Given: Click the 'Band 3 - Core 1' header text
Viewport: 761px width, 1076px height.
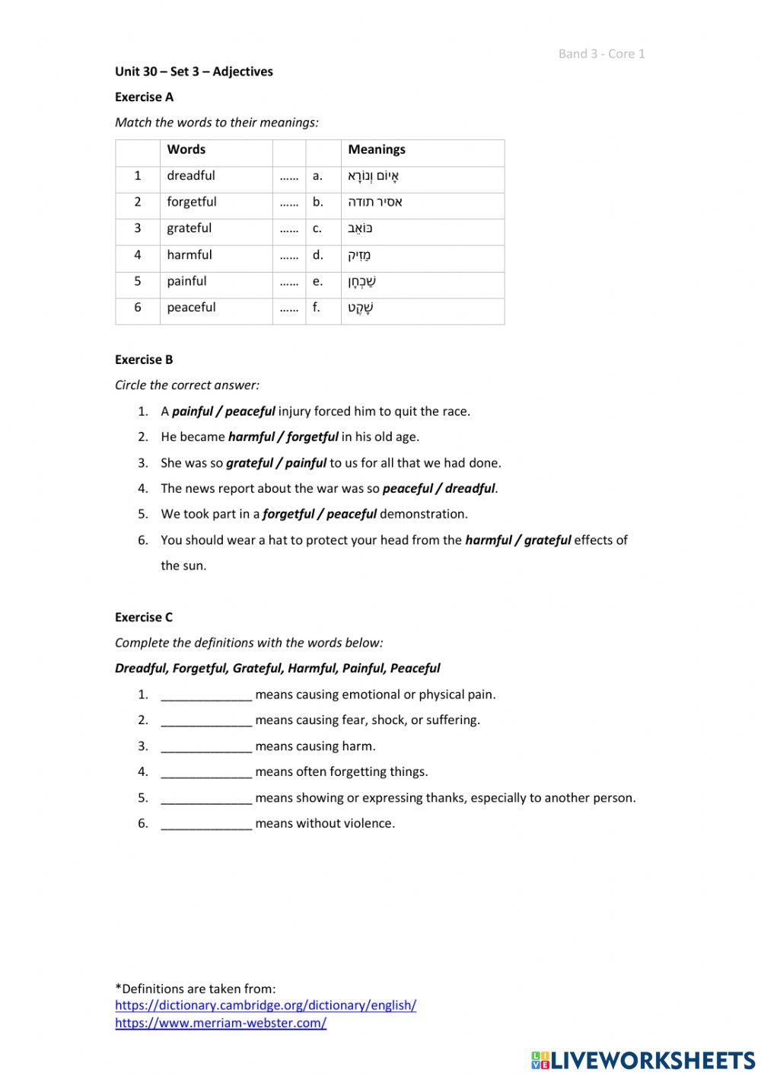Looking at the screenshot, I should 601,53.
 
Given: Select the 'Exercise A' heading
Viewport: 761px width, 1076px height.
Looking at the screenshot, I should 144,97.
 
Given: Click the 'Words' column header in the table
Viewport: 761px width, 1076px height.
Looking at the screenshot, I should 186,149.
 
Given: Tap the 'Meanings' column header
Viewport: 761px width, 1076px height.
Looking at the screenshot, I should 376,149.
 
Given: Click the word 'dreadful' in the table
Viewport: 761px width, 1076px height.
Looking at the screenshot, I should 191,176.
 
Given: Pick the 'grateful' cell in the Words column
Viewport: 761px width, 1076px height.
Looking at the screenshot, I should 189,228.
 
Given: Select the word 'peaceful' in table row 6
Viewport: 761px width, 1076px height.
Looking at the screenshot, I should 191,308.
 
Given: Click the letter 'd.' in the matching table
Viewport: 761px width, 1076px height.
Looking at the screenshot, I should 317,255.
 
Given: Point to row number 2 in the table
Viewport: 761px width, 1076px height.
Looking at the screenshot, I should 138,202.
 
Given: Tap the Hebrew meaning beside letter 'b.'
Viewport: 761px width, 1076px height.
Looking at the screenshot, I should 375,203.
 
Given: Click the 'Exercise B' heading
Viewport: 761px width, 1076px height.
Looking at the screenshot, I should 144,359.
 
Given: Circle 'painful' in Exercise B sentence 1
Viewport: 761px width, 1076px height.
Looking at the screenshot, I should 193,411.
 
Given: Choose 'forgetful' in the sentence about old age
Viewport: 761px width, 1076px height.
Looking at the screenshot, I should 312,437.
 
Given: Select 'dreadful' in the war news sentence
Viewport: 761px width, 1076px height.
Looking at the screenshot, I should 470,489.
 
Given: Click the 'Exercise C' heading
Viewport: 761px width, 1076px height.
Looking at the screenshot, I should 144,617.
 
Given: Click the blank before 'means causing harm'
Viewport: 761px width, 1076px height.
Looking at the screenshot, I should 206,746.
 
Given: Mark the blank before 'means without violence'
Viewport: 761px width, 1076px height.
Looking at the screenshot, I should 206,823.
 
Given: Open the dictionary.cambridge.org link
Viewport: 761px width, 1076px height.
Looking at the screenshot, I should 266,1005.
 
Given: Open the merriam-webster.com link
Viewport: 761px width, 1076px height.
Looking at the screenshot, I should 221,1023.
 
